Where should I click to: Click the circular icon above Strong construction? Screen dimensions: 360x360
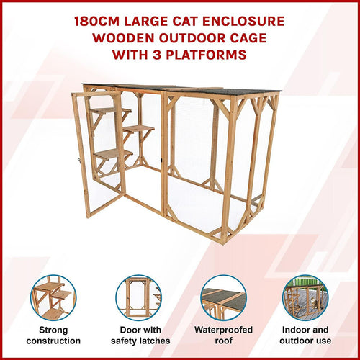(53, 297)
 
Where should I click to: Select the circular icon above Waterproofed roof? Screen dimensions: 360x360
(223, 297)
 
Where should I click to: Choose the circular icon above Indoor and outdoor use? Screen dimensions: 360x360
(305, 297)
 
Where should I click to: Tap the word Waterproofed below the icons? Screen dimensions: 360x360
(223, 330)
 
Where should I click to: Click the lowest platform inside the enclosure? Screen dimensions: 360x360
(112, 153)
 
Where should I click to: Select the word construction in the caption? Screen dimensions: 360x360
(53, 341)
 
